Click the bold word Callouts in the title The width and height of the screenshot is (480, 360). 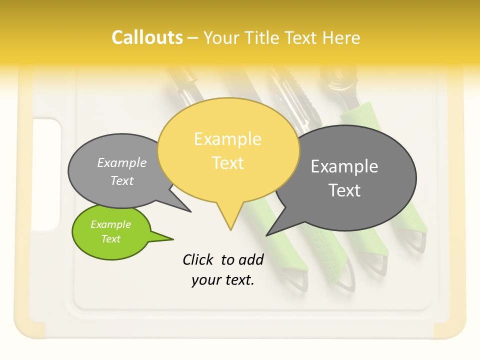tap(147, 37)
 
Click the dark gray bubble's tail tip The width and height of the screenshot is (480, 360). tap(267, 234)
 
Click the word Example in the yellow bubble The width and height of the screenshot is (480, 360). tap(227, 139)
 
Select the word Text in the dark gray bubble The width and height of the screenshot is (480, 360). tap(344, 190)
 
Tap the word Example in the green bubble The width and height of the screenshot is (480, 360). tap(110, 224)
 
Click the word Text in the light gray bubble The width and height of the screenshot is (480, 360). tap(122, 181)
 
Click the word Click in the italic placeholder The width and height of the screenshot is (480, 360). tap(197, 259)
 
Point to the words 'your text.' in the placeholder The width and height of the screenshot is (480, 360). tap(222, 280)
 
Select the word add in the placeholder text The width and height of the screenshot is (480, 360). tap(251, 259)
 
